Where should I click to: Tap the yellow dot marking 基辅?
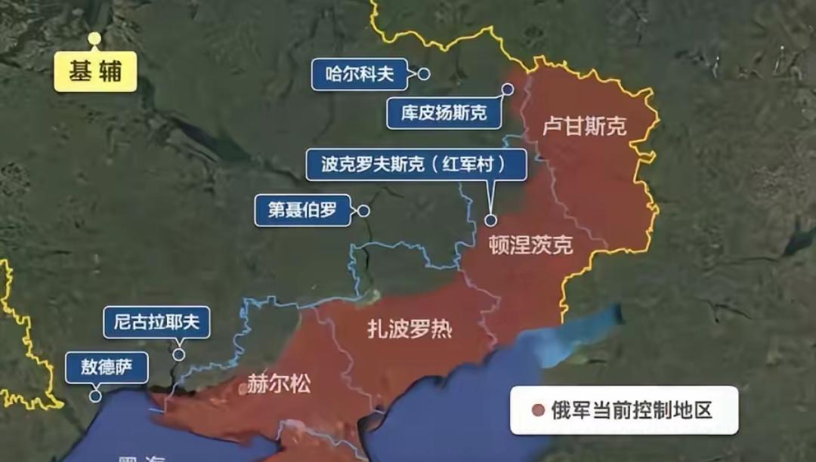94,38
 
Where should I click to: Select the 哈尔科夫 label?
360,74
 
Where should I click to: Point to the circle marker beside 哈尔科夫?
424,74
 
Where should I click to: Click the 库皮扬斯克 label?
444,113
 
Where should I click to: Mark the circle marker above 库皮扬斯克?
508,89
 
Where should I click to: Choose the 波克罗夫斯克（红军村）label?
416,164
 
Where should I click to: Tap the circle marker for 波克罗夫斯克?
490,220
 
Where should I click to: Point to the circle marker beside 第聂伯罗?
363,211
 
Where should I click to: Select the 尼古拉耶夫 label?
156,322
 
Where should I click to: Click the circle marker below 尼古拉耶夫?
179,354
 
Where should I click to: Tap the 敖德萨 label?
107,368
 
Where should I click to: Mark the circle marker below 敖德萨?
95,396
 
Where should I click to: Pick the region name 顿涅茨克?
530,245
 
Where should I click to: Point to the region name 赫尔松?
279,384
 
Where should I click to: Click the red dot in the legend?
537,411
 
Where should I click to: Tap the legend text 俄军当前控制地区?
632,411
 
